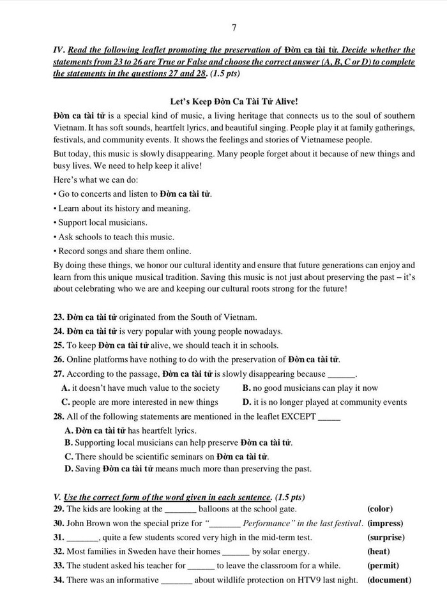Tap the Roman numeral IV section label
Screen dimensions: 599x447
59,50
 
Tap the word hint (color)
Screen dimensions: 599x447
379,509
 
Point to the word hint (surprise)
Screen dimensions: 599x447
386,537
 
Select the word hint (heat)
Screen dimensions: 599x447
379,551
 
